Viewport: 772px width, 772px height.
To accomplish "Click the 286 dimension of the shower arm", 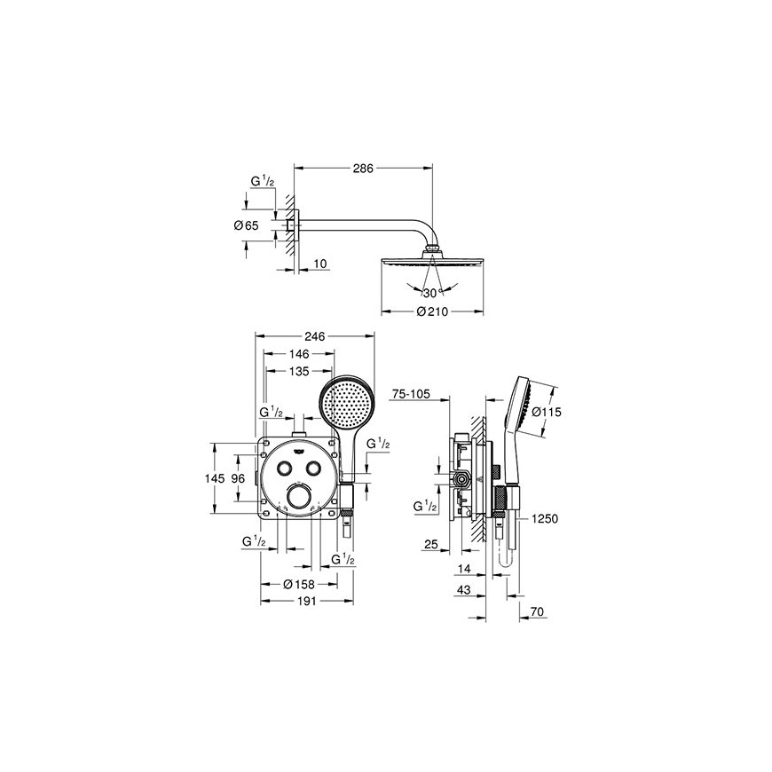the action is coord(363,169).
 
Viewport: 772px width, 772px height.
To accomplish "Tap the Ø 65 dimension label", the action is coord(246,225).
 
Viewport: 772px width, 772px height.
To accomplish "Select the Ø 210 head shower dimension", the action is coord(433,311).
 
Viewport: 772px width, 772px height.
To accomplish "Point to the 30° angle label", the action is coord(430,294).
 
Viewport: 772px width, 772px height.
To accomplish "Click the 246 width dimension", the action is coord(315,335).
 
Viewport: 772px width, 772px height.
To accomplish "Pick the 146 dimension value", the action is coord(299,353).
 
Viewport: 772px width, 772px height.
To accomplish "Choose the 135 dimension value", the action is coord(299,371).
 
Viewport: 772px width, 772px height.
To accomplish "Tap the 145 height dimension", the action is coord(215,478).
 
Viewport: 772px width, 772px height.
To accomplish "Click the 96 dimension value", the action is coord(238,478).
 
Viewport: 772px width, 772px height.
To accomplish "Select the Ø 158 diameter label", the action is coord(299,585).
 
